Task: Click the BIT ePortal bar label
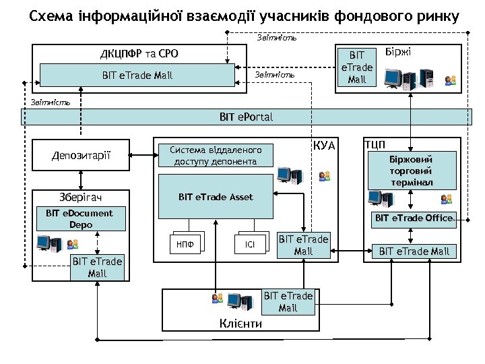[x=246, y=117]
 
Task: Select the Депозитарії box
[x=81, y=156]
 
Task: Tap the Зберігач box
[x=81, y=198]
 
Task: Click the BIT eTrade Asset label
[x=216, y=198]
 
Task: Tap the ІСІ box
[x=250, y=244]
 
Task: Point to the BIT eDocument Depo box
[x=79, y=218]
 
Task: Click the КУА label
[x=324, y=146]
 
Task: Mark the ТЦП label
[x=375, y=144]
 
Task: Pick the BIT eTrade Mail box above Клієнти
[x=288, y=302]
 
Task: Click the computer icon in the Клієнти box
[x=235, y=301]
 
